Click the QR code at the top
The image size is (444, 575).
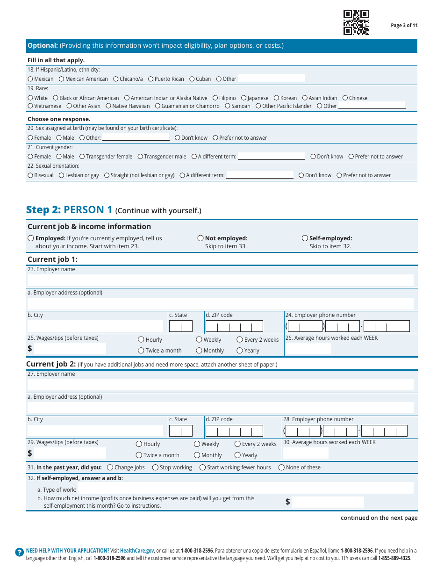tap(356, 22)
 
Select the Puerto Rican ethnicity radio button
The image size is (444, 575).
tap(151, 79)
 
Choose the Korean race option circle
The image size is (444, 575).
tap(276, 98)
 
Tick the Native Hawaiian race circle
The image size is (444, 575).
tap(108, 106)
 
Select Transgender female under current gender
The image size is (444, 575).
tap(82, 157)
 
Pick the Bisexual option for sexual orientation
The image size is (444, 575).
tap(30, 175)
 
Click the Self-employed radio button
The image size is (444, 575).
tap(305, 238)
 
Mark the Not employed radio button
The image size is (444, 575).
tap(201, 238)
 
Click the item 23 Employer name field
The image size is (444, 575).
tap(220, 280)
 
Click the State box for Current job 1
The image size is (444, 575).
tap(180, 326)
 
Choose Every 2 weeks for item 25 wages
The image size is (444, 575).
tap(240, 340)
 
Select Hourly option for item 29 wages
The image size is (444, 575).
tap(139, 444)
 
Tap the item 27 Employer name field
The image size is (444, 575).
tap(220, 385)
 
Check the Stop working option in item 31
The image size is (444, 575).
tap(156, 467)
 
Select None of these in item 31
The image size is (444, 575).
tap(281, 467)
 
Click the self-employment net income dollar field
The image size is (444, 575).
tap(328, 502)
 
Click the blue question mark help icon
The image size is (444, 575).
tap(19, 552)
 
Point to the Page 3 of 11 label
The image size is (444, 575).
tap(404, 26)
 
